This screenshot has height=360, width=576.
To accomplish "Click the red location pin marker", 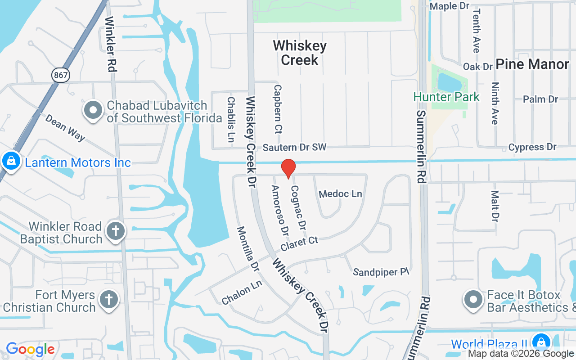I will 288,168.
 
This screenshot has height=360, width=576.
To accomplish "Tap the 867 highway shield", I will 61,75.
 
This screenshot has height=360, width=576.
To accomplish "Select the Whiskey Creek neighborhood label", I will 300,53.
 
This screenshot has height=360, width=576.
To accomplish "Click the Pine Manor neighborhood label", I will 532,64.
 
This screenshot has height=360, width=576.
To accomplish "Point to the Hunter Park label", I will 447,97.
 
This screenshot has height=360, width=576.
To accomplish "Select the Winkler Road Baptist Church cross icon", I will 115,232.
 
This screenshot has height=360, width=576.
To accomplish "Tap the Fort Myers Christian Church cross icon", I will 108,300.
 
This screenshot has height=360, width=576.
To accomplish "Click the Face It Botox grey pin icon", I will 473,300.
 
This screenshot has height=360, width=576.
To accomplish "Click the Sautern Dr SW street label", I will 294,147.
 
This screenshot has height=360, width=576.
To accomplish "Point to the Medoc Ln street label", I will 340,194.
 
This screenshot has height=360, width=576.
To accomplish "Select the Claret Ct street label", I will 299,244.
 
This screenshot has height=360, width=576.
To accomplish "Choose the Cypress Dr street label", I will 532,147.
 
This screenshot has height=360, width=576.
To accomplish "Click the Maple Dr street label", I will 450,6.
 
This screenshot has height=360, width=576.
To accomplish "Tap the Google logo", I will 30,349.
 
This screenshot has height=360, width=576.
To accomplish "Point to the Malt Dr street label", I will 495,206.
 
